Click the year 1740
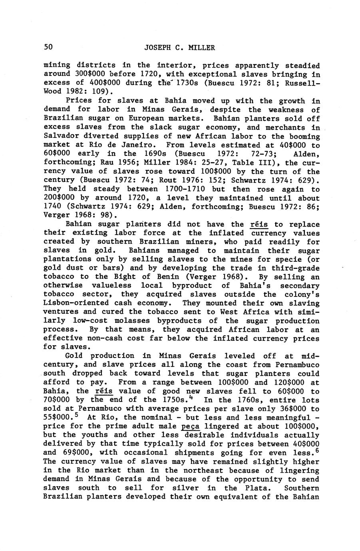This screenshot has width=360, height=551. tap(52, 207)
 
